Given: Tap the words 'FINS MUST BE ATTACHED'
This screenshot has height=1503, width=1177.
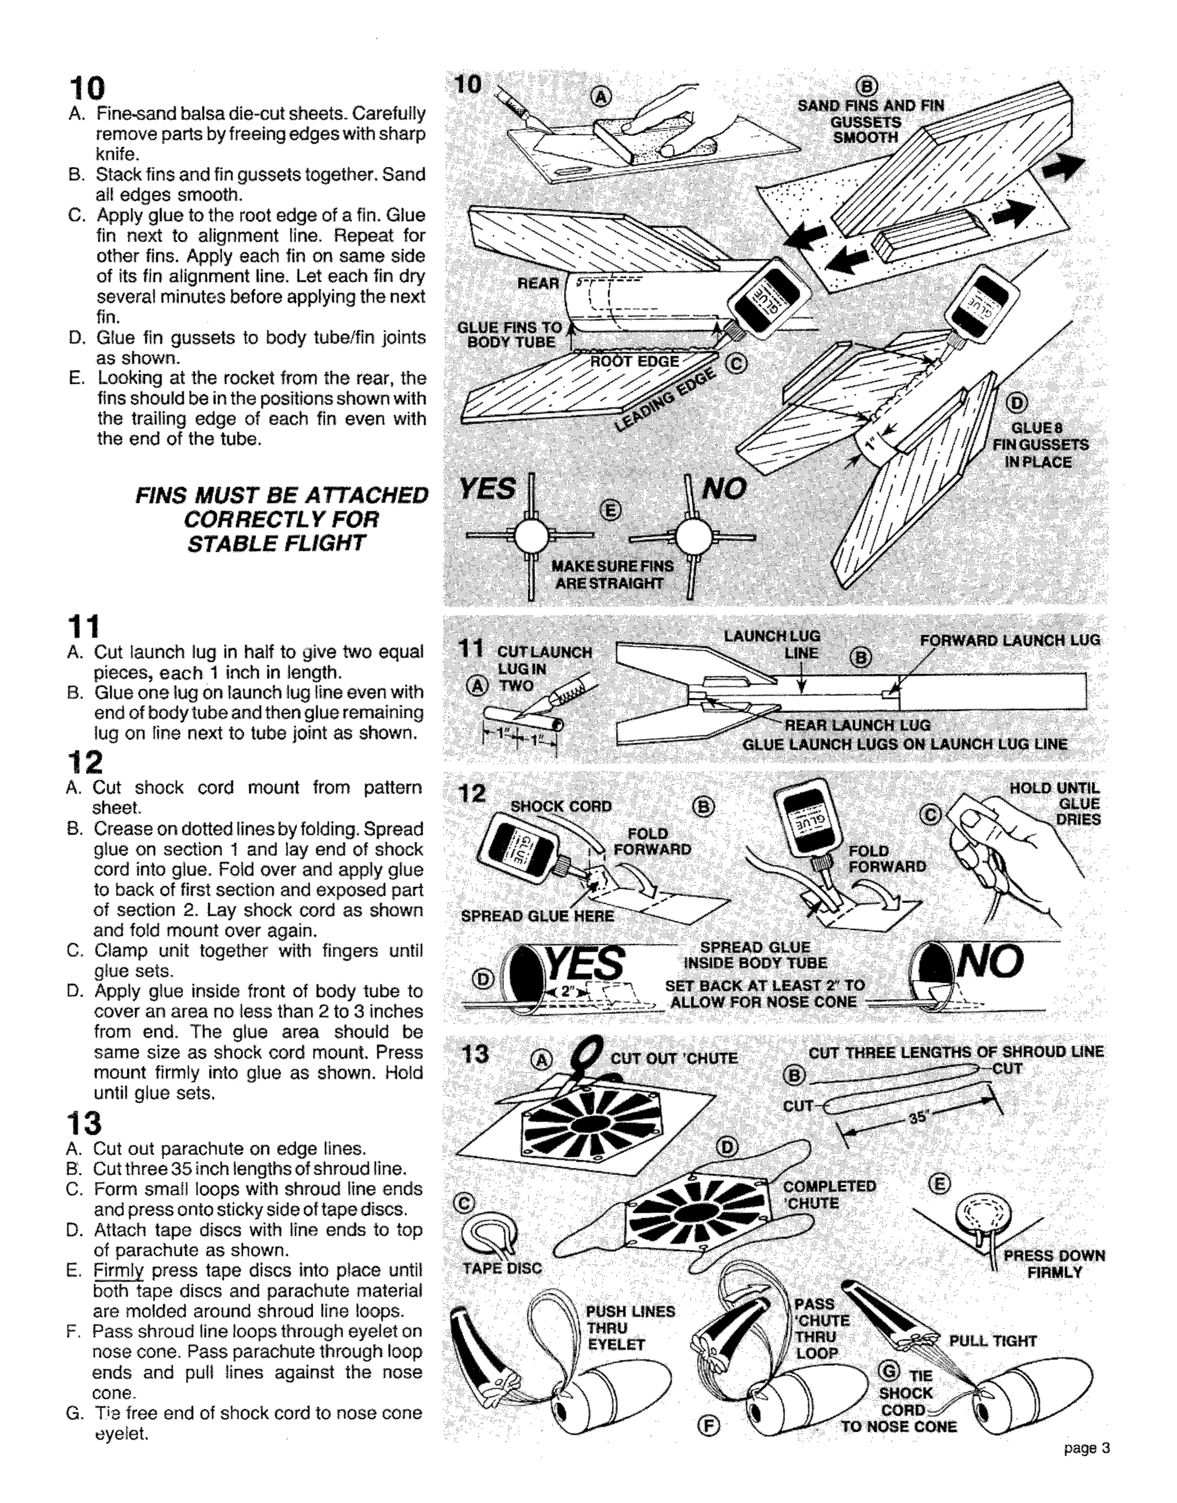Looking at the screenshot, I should [281, 496].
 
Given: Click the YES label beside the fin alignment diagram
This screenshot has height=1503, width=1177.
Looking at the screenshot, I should [487, 489].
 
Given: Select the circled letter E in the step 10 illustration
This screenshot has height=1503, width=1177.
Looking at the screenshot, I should [610, 511].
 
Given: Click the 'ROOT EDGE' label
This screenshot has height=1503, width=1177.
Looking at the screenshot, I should [634, 362].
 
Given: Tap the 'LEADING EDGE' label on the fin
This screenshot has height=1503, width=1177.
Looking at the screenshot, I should [665, 400].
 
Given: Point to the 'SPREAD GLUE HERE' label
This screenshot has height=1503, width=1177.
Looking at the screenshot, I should [537, 916].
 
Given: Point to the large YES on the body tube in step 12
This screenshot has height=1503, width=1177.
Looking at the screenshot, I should [585, 964].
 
